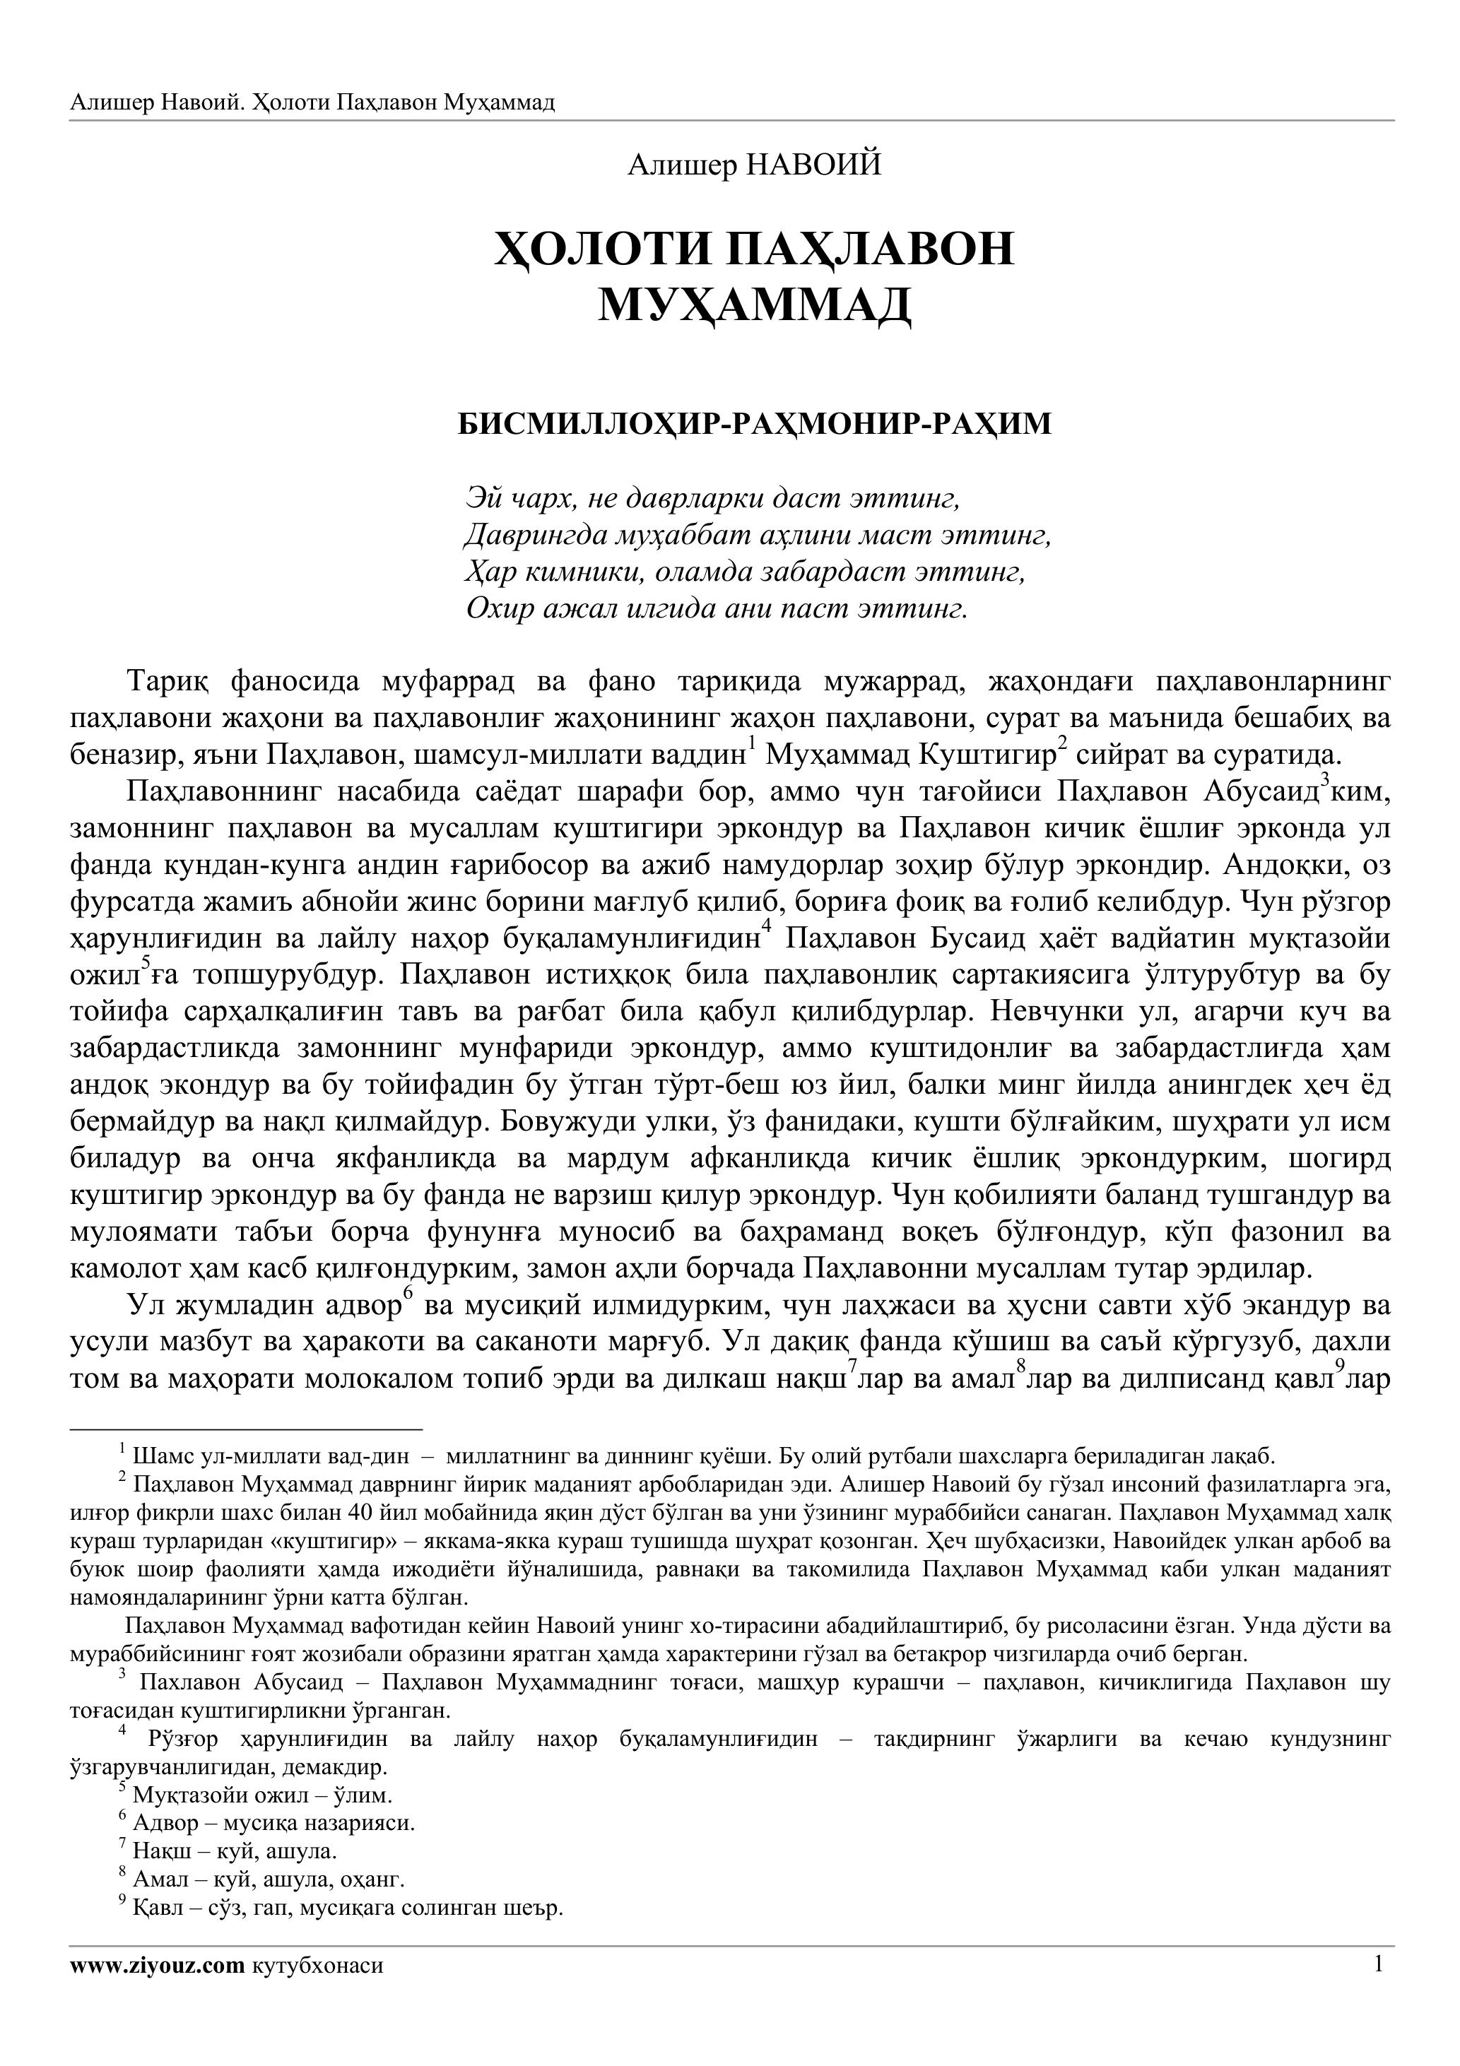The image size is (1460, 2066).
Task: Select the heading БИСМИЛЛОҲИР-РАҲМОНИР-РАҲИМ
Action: click(x=754, y=423)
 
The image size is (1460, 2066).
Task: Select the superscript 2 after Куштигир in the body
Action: click(x=1062, y=743)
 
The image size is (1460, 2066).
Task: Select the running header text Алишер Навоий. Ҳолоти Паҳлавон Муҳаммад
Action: click(x=312, y=102)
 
